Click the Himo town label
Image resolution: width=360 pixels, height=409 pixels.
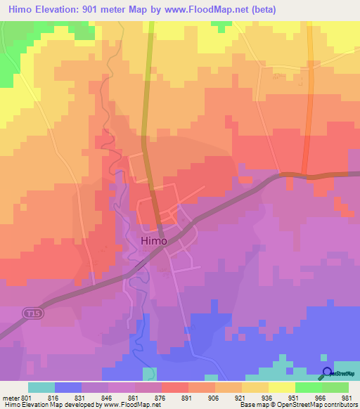point(154,240)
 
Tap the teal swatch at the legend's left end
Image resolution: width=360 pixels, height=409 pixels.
point(41,387)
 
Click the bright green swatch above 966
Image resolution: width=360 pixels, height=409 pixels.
point(308,387)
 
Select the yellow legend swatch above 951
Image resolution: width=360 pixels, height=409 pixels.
point(281,387)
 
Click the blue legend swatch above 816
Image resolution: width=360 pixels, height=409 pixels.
point(68,387)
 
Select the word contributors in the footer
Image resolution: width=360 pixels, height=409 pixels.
point(340,405)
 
